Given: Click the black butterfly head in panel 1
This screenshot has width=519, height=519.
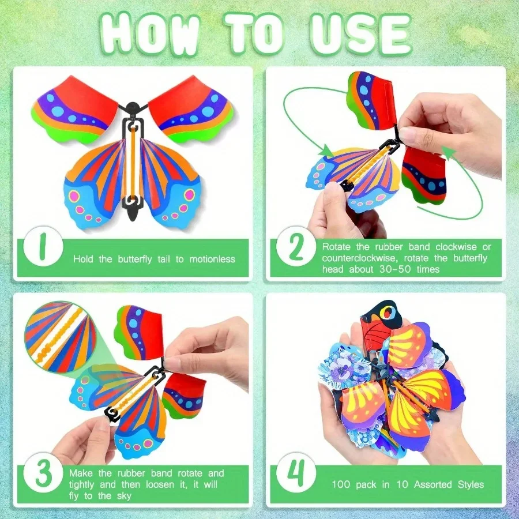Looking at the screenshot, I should coord(133,108).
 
